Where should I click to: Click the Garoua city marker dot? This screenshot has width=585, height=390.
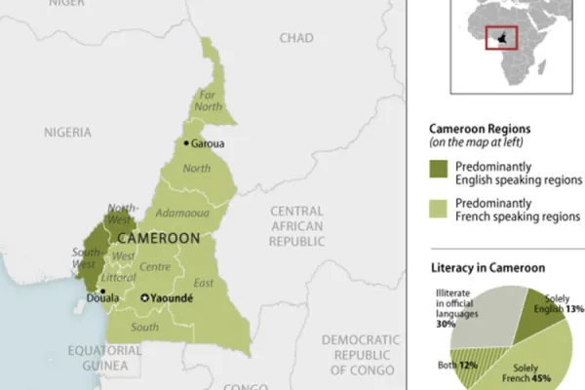pos(185,143)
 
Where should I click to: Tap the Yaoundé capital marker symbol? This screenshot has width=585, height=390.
pos(145,298)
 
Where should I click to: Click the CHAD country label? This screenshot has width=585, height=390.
pos(296,37)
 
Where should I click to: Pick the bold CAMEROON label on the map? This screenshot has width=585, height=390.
pos(159,237)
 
